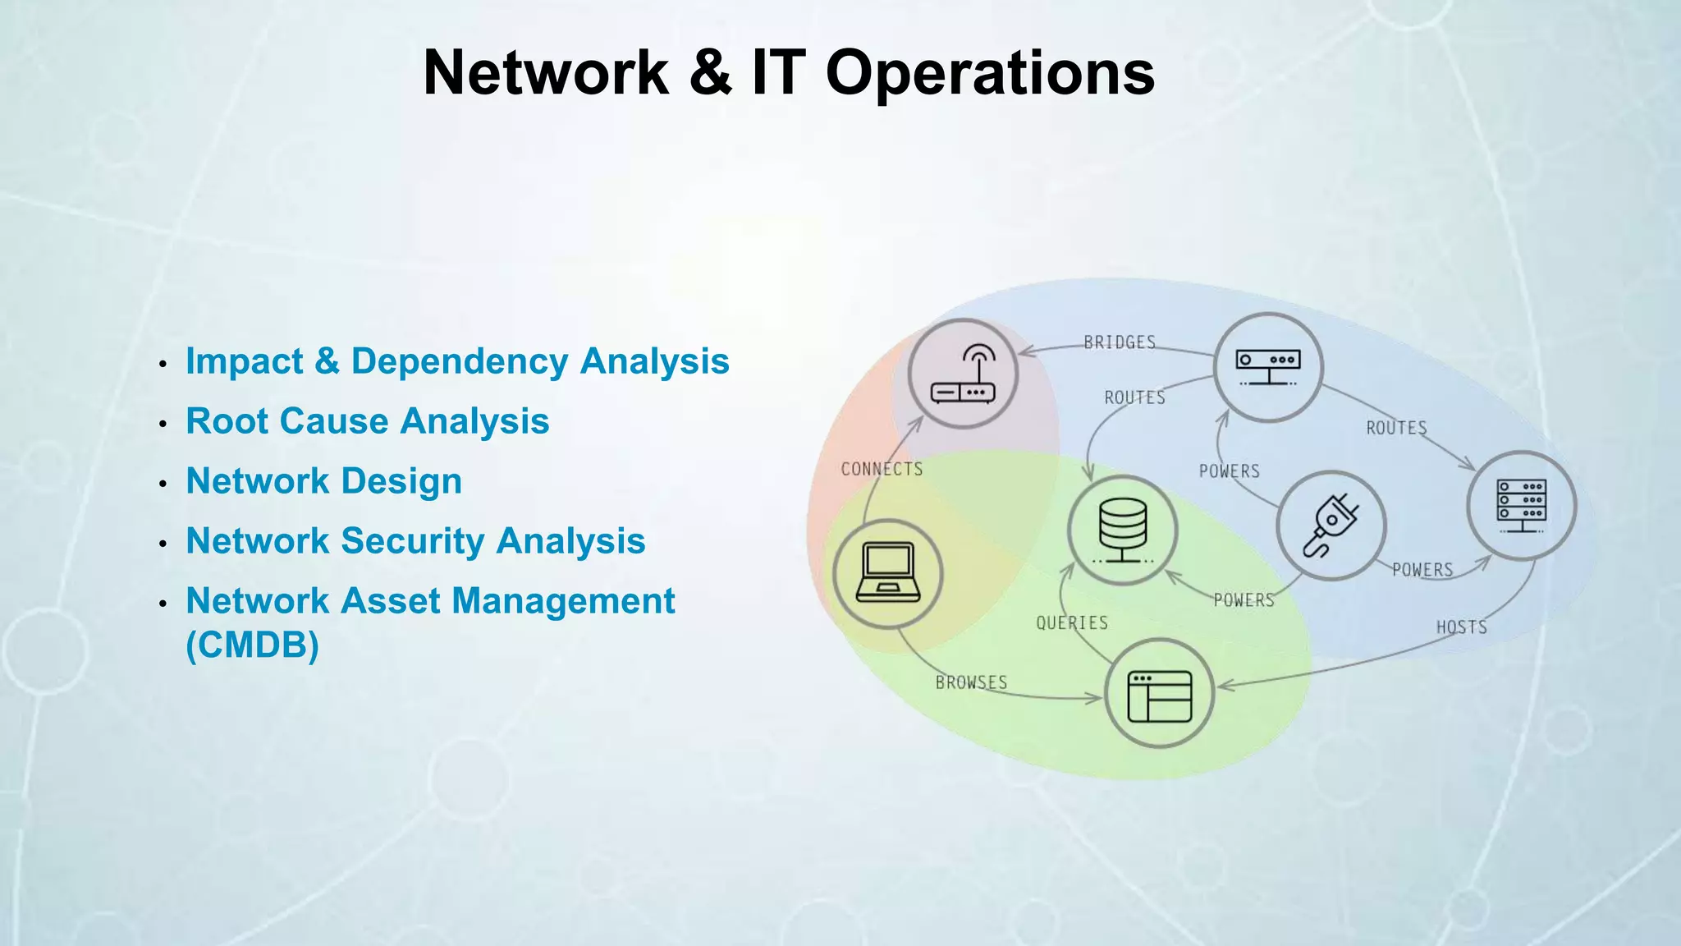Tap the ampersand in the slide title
710,72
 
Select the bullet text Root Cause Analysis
367,421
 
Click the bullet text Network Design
323,481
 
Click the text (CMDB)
252,645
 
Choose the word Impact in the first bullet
244,361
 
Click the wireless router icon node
963,374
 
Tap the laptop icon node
887,573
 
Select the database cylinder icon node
1122,530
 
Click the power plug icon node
1331,526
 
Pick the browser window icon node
1159,693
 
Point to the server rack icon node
1521,505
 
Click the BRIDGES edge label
1120,342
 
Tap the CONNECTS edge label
882,469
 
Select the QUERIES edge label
1071,623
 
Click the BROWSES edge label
971,682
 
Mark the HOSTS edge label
1461,627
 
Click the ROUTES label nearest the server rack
1396,428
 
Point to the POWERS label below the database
1244,600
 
